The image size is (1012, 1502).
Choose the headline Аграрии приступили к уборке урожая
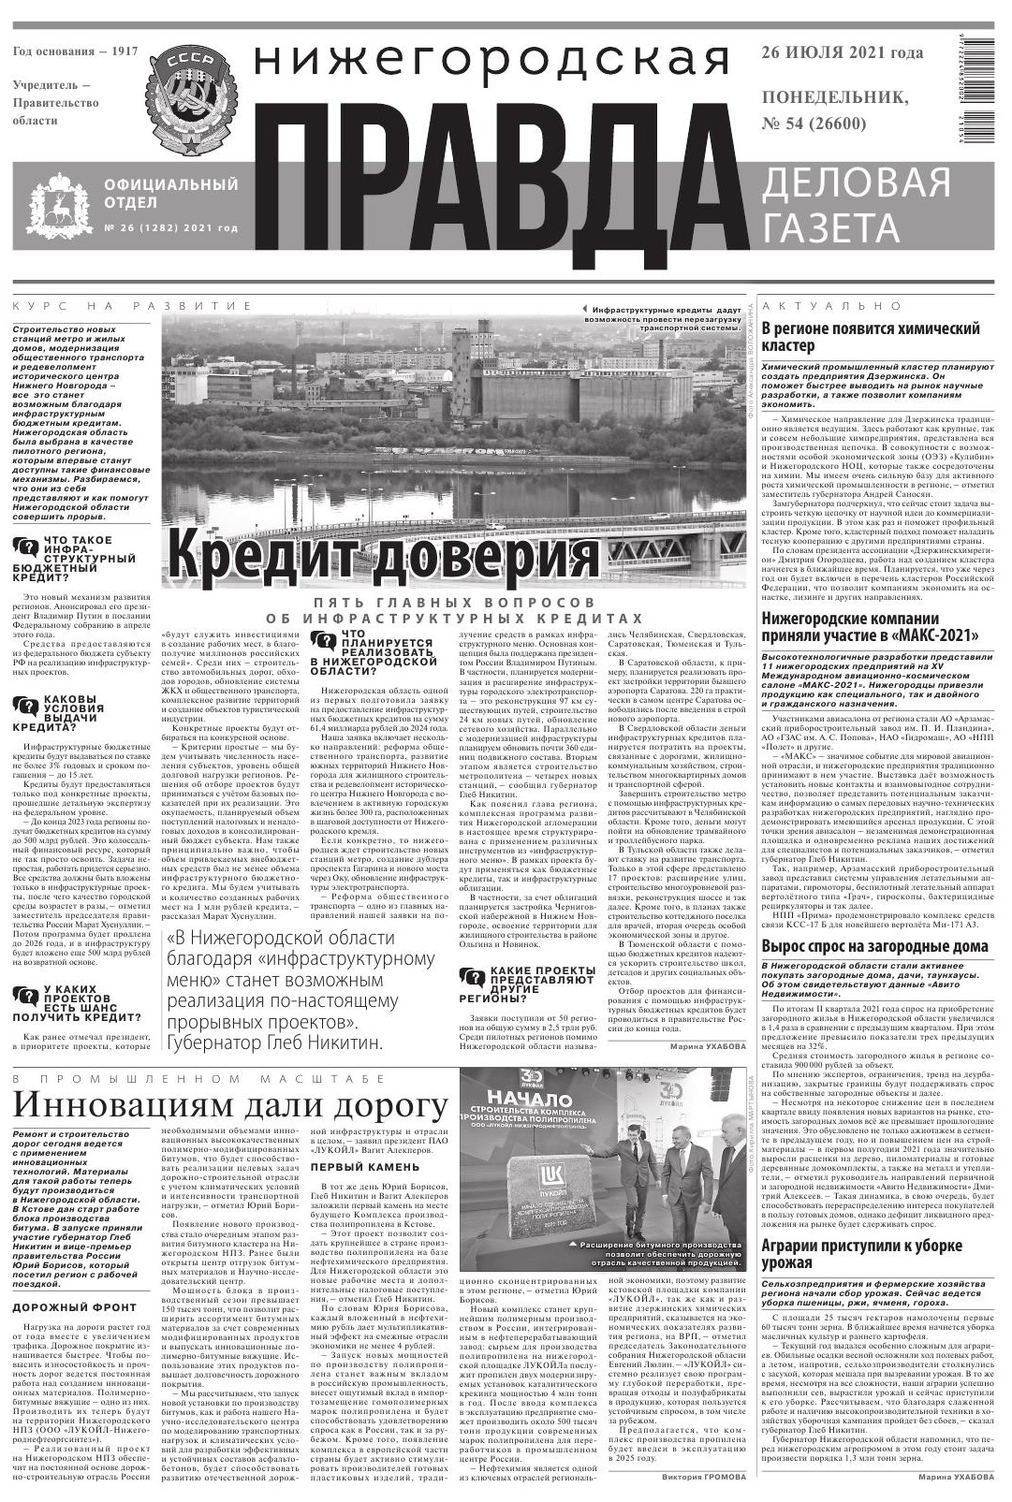pyautogui.click(x=861, y=1256)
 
